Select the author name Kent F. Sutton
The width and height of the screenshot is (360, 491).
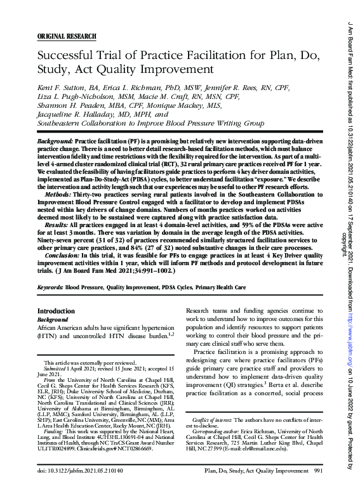(62, 84)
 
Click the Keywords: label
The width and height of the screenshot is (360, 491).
(50, 288)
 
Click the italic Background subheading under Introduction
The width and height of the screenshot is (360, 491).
(53, 320)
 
